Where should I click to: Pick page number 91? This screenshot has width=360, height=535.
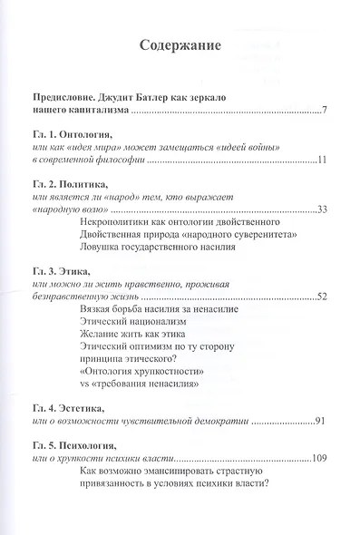[x=320, y=422]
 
